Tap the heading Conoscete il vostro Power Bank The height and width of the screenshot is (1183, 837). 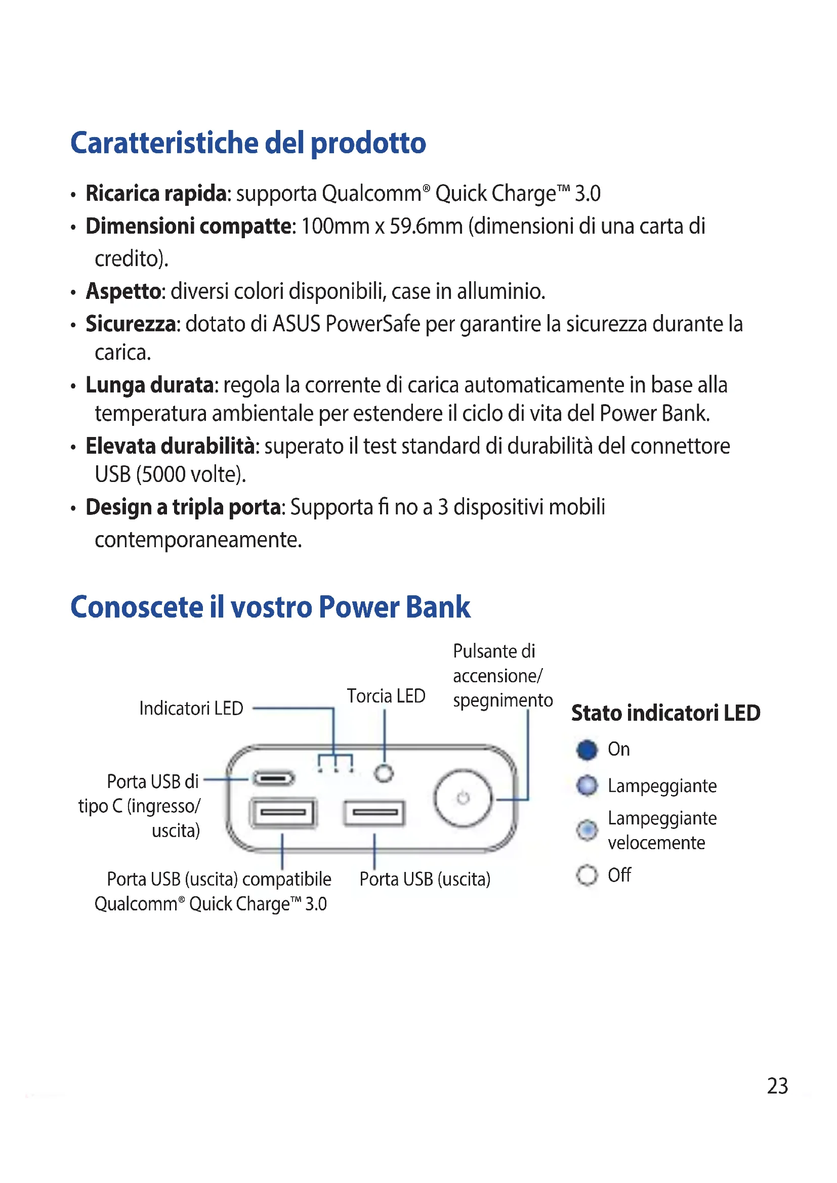click(270, 607)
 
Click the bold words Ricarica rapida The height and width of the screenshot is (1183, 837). click(156, 194)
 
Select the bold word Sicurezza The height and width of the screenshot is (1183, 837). click(131, 324)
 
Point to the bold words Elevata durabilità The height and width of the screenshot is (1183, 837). click(170, 446)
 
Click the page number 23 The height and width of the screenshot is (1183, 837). click(777, 1085)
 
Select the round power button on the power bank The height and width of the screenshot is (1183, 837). click(463, 798)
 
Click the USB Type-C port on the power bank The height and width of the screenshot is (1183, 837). click(273, 778)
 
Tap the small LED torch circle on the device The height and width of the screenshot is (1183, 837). click(384, 773)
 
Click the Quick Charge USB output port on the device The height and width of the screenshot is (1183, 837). click(283, 813)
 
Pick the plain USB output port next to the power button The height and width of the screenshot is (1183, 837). click(374, 813)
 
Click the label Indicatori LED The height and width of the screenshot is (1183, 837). click(191, 709)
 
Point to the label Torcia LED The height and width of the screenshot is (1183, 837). click(386, 696)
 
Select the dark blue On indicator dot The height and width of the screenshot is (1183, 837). click(587, 750)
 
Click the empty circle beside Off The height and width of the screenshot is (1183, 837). click(587, 875)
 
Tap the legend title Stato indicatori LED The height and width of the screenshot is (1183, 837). click(665, 713)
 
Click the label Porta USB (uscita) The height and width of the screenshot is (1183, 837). click(425, 879)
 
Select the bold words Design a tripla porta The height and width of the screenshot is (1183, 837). click(184, 507)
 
